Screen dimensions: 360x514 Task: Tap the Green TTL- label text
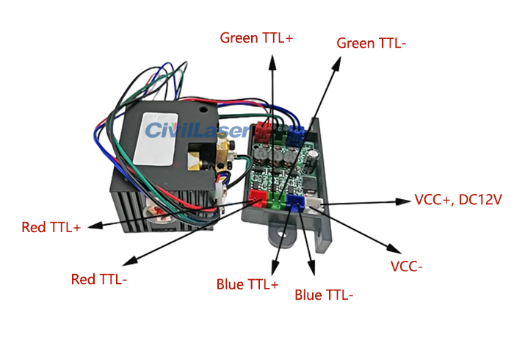[x=372, y=43]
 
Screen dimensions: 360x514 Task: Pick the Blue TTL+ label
[x=247, y=284]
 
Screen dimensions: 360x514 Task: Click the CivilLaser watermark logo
[x=197, y=131]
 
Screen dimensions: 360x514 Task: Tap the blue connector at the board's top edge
[x=295, y=134]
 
